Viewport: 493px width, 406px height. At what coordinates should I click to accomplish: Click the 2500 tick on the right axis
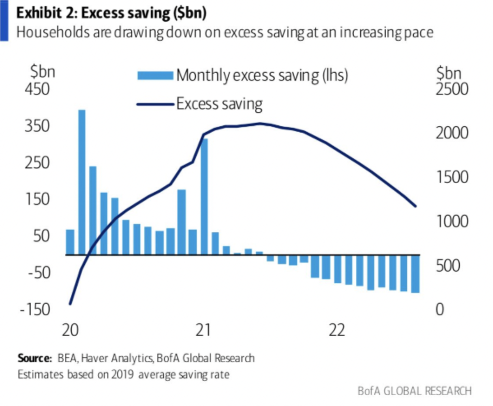coord(451,90)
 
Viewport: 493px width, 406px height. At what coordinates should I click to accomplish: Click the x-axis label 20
coord(71,330)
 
